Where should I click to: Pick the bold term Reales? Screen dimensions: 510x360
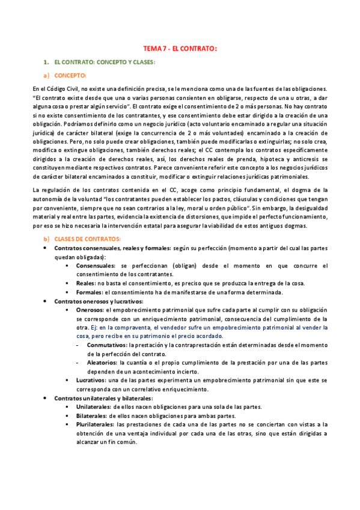[88, 283]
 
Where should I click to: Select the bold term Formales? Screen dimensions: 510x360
[91, 292]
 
